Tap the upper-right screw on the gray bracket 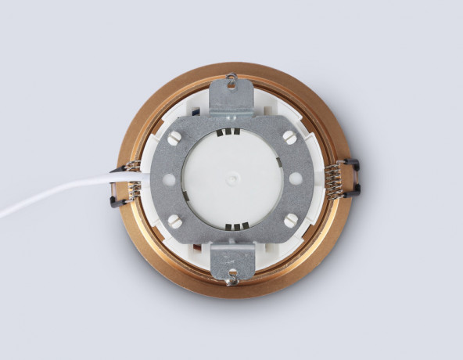coord(290,137)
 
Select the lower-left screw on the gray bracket coord(175,221)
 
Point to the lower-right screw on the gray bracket coord(291,221)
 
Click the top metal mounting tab coord(232,96)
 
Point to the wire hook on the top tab coord(231,77)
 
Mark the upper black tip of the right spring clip coord(353,164)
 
